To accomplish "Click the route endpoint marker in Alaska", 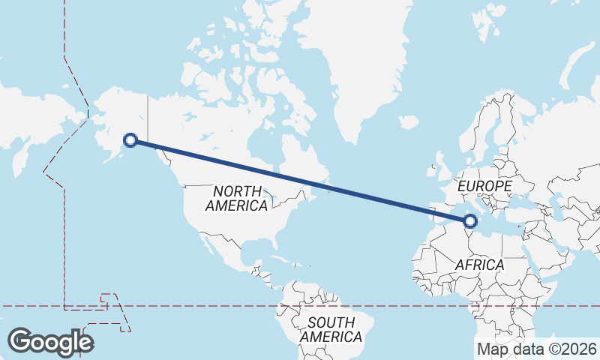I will pos(130,139).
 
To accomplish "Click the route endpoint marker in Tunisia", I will pos(470,220).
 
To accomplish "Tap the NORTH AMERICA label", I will pos(237,198).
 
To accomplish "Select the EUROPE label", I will pos(484,185).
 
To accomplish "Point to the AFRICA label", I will pos(480,265).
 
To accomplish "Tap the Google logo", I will pos(50,342).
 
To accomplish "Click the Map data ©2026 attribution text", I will pos(536,349).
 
